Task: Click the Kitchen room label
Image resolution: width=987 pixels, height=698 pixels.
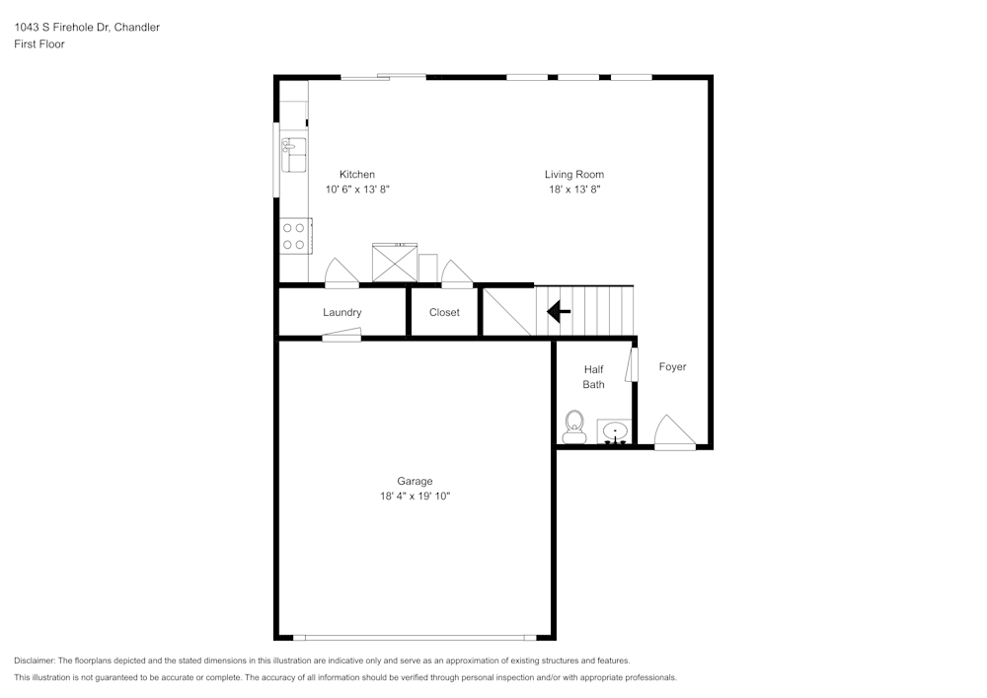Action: coord(356,175)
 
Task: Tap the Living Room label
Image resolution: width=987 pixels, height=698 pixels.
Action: coord(573,175)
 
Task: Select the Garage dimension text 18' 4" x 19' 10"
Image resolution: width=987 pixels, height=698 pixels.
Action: coord(415,497)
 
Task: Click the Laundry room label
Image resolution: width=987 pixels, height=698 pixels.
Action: coord(342,313)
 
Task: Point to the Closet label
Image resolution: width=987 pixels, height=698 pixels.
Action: coord(444,313)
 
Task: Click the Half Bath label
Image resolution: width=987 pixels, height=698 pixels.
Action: coord(593,377)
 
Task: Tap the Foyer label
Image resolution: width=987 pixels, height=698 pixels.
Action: coord(672,367)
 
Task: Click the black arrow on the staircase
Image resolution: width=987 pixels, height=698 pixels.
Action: coord(559,313)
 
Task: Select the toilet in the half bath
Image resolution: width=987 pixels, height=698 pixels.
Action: coord(574,427)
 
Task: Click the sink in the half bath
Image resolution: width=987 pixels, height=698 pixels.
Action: coord(614,432)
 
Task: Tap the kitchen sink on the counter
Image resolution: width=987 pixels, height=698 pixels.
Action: coord(294,155)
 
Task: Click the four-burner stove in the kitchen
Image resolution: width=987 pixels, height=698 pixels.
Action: coord(294,236)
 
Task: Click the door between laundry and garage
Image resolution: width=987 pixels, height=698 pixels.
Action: coord(342,337)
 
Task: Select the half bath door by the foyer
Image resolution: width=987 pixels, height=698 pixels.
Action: coord(634,364)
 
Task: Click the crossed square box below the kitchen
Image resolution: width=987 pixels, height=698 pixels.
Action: coord(394,263)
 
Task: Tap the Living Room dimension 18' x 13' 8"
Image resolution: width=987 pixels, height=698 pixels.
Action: coord(573,189)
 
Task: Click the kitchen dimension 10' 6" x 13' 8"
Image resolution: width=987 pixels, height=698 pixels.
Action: coord(356,189)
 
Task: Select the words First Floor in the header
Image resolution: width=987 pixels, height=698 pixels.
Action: coord(39,44)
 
